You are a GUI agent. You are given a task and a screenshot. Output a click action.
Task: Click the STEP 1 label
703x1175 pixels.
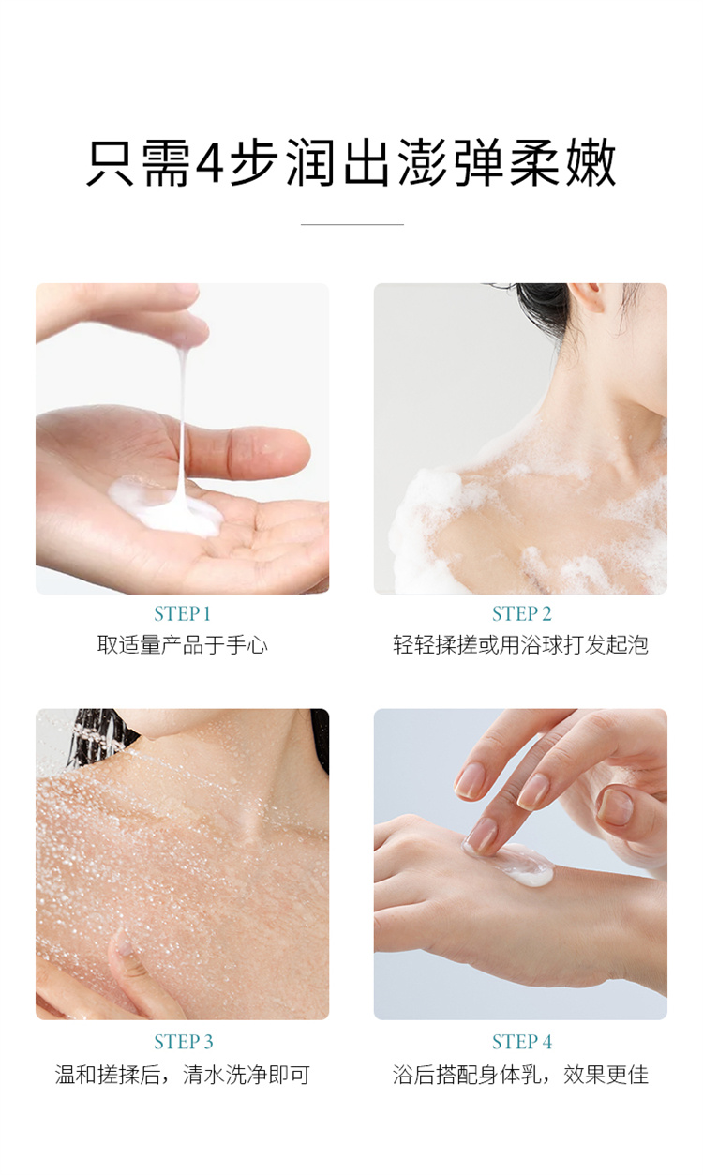tap(182, 613)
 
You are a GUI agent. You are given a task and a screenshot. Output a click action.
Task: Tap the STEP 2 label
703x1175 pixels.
tap(521, 613)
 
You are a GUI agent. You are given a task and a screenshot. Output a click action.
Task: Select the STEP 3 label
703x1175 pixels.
tap(184, 1042)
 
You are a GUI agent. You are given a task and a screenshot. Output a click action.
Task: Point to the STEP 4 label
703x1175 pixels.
tap(522, 1042)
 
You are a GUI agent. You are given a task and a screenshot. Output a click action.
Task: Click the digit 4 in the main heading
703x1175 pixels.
tap(210, 163)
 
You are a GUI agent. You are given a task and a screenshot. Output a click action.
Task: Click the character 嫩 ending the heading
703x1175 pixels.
tap(591, 162)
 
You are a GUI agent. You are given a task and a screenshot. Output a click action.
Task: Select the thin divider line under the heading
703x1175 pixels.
tap(351, 224)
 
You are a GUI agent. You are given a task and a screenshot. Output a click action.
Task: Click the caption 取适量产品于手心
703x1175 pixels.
tap(183, 644)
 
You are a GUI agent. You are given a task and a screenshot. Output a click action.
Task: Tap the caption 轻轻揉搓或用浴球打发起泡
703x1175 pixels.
tap(520, 644)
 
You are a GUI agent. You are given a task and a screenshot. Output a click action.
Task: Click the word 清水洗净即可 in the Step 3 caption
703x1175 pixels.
tap(246, 1075)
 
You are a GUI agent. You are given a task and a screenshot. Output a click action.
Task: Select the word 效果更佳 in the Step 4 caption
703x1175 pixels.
tap(606, 1075)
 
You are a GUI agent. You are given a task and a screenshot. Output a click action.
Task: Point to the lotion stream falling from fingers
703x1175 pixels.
tap(182, 420)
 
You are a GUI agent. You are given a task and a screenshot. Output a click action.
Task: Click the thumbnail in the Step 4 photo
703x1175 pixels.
tap(614, 806)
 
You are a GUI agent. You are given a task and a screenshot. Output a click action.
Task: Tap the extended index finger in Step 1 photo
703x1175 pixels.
tap(247, 451)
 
